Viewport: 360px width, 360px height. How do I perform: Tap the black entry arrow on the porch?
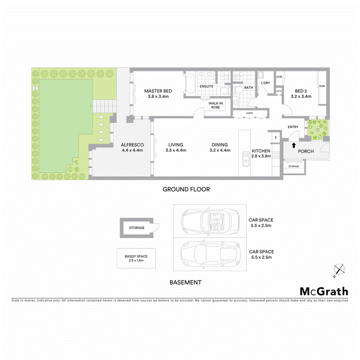294,146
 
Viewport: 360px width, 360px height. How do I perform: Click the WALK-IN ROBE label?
216,105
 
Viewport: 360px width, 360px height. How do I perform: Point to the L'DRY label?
266,83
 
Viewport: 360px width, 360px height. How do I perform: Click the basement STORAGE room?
137,228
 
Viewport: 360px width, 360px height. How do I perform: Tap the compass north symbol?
339,270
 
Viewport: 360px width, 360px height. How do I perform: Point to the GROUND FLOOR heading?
186,189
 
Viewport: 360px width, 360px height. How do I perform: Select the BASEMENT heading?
185,282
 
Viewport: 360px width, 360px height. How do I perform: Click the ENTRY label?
293,127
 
